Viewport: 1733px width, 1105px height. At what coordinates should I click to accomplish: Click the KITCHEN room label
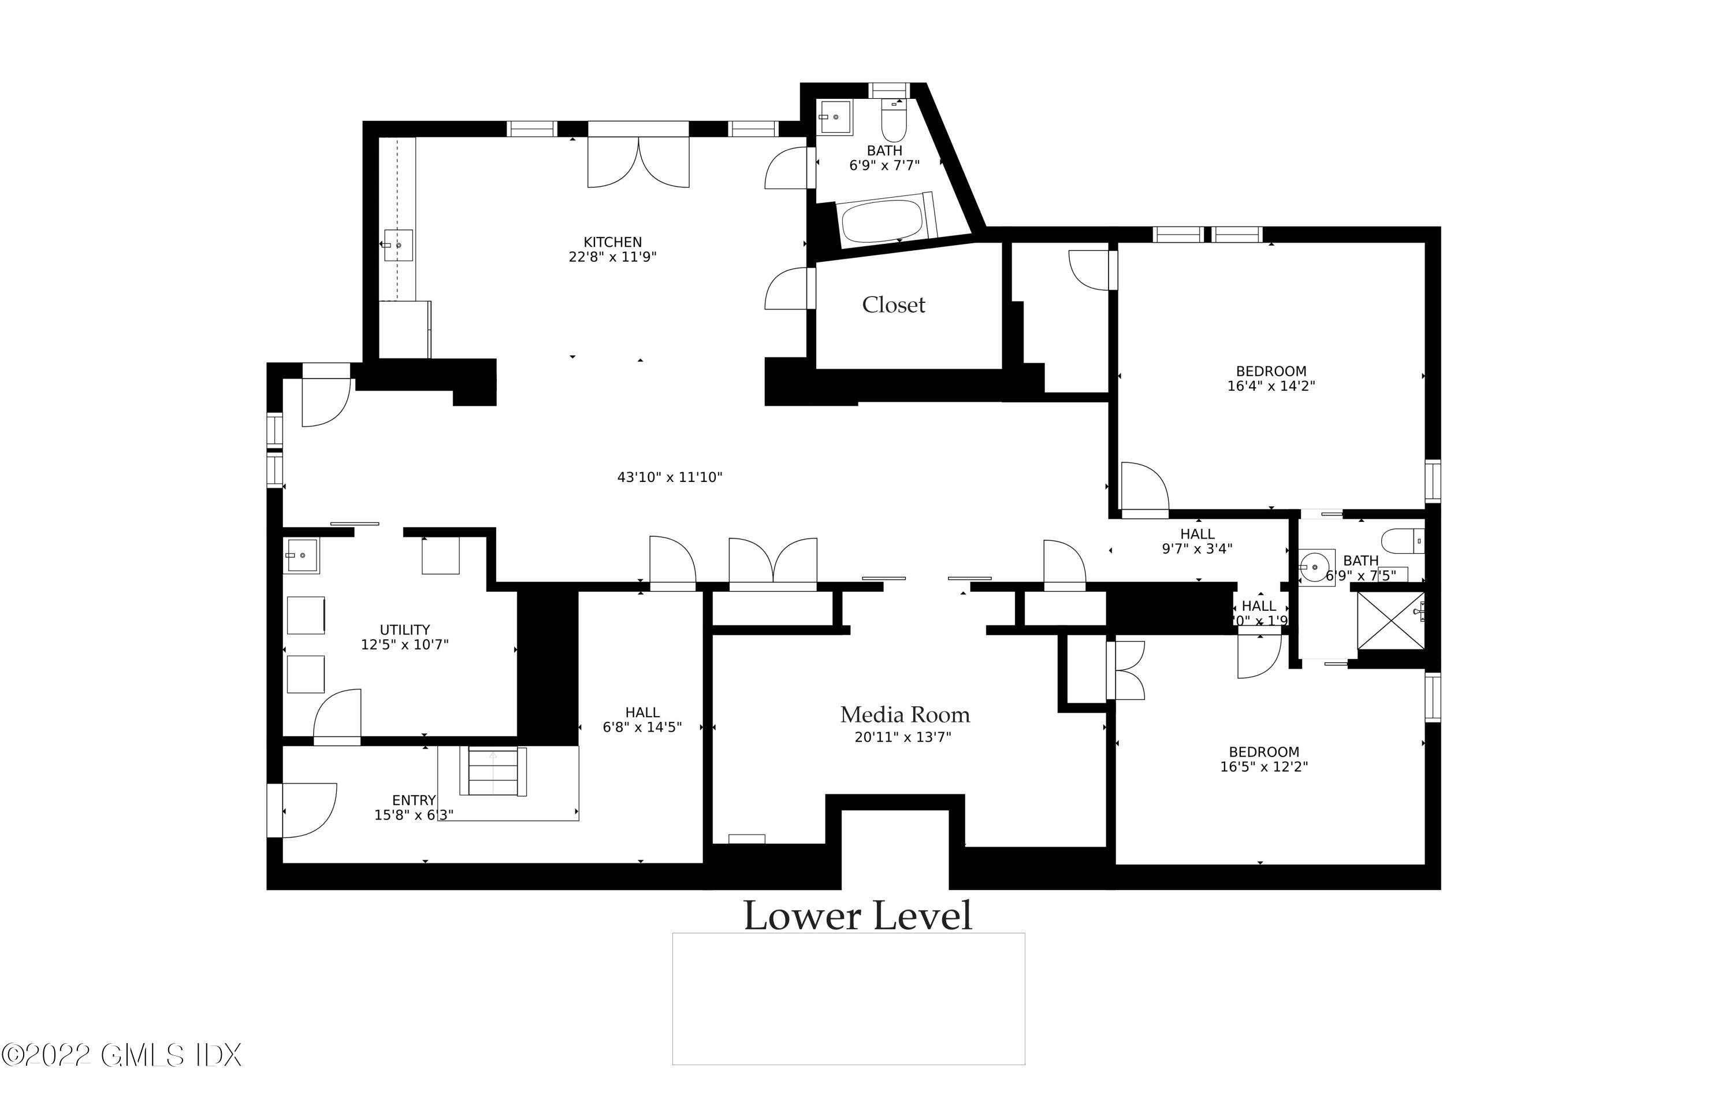612,243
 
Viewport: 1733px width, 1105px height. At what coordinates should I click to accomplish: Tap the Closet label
893,305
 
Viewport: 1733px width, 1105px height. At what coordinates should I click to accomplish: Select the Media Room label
905,715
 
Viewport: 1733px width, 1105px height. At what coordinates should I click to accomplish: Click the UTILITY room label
404,630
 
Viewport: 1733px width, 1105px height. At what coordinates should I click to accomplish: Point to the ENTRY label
414,800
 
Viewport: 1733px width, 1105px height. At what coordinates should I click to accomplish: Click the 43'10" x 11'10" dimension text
670,477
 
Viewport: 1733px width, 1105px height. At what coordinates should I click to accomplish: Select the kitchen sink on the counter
397,246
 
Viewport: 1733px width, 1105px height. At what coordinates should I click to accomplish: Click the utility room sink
302,556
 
